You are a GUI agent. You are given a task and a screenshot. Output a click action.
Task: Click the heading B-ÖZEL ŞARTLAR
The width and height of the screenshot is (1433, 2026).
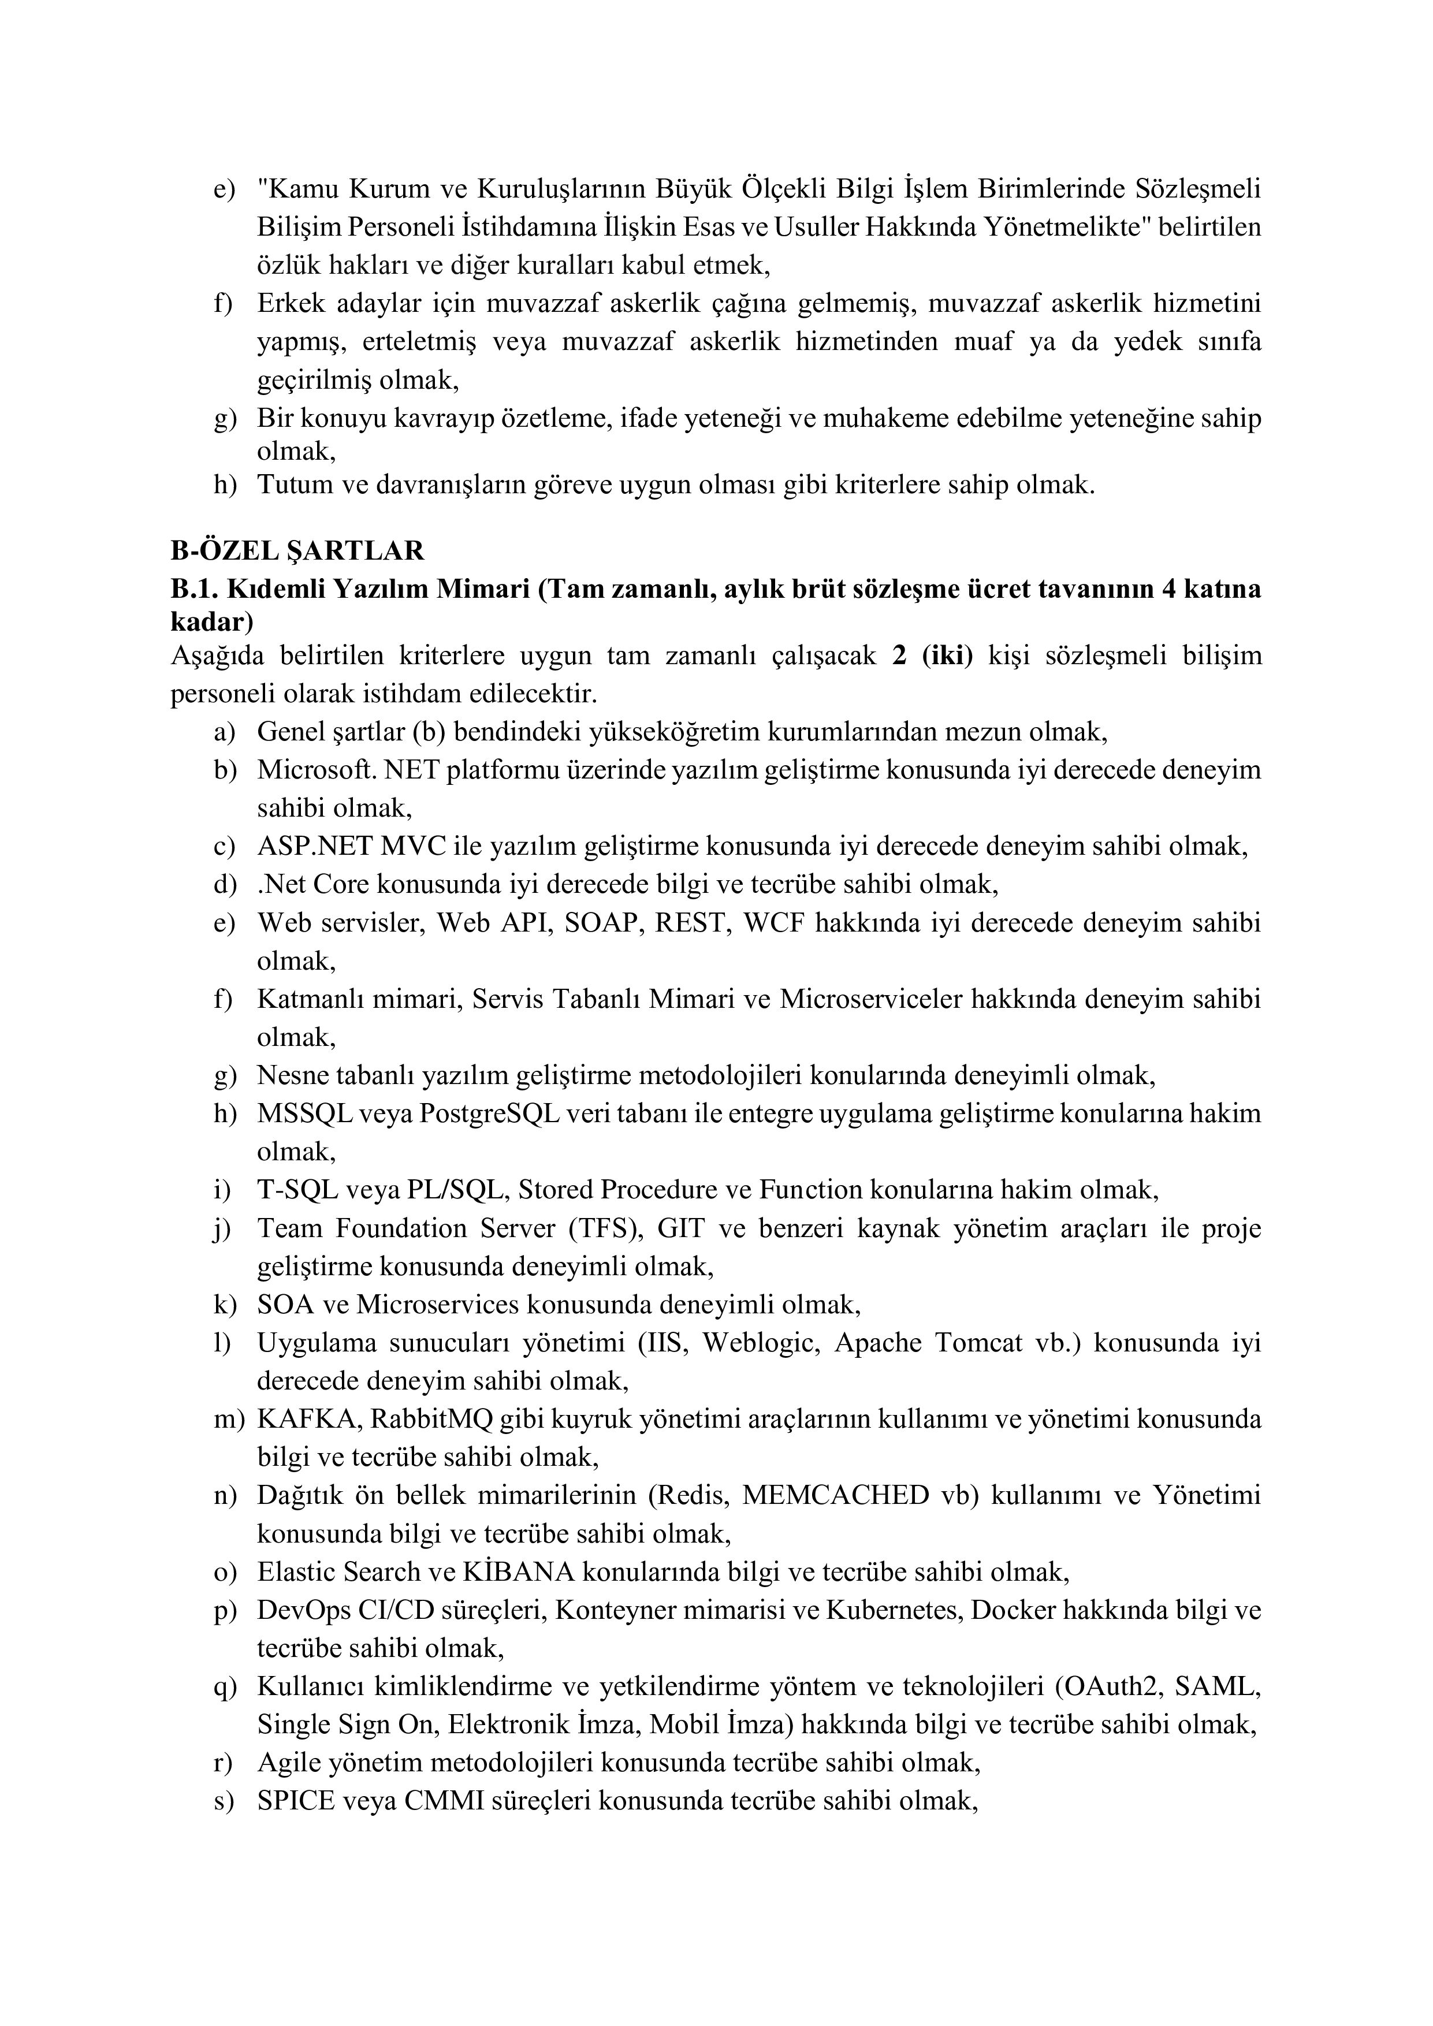point(297,550)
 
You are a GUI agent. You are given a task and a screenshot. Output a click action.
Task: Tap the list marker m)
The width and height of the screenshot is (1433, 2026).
point(228,1419)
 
